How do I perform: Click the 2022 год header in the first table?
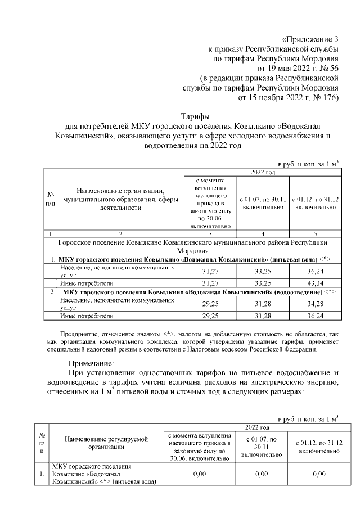pyautogui.click(x=262, y=172)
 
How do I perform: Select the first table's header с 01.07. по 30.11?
pyautogui.click(x=262, y=203)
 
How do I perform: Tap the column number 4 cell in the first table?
pyautogui.click(x=262, y=233)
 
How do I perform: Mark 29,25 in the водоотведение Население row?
pyautogui.click(x=210, y=304)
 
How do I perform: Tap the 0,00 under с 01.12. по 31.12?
pyautogui.click(x=318, y=474)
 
